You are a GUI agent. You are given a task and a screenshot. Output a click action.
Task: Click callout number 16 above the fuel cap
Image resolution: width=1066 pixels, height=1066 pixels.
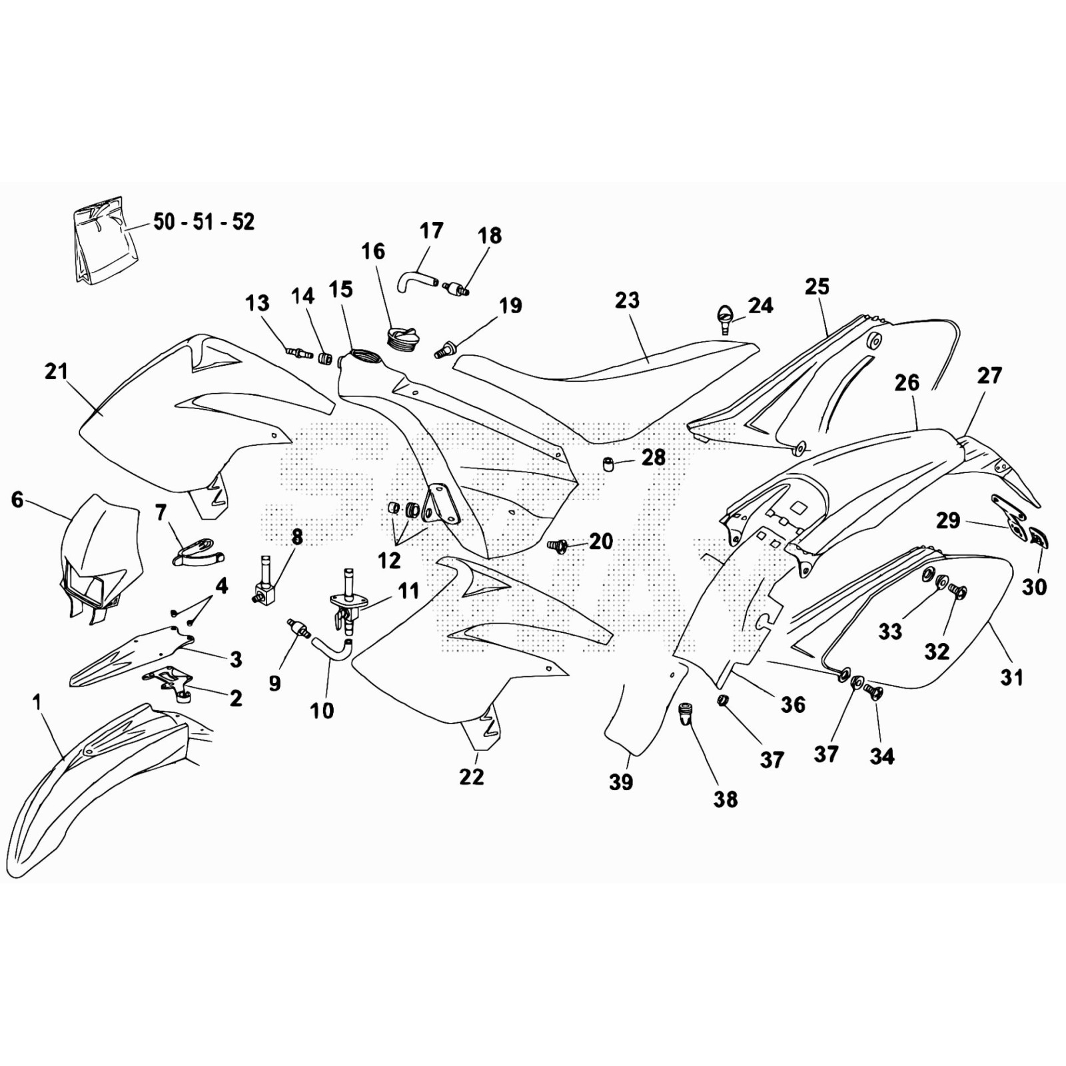click(x=373, y=251)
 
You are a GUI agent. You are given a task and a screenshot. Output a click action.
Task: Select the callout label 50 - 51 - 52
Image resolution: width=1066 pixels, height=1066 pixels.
click(x=204, y=222)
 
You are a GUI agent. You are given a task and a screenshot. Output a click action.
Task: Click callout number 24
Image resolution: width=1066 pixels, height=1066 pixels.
click(x=760, y=305)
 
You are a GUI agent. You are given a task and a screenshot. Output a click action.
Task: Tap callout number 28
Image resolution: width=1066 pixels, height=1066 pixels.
click(x=654, y=457)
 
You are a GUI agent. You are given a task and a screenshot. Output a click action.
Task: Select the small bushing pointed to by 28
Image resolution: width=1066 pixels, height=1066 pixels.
click(x=608, y=464)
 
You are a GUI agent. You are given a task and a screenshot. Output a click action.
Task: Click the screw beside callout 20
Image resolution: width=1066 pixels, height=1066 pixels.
click(x=557, y=546)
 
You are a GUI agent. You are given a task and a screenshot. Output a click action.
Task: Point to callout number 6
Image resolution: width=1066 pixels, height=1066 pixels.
click(x=17, y=499)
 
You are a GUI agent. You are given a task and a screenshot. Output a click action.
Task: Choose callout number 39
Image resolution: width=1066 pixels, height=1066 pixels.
click(x=621, y=782)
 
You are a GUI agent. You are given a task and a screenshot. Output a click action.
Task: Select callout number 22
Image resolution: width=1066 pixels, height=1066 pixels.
click(x=471, y=776)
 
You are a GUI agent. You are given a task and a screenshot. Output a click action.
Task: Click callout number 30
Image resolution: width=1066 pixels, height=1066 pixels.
click(x=1034, y=586)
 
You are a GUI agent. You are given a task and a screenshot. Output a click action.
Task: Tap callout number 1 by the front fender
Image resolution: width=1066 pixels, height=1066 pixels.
click(x=37, y=702)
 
